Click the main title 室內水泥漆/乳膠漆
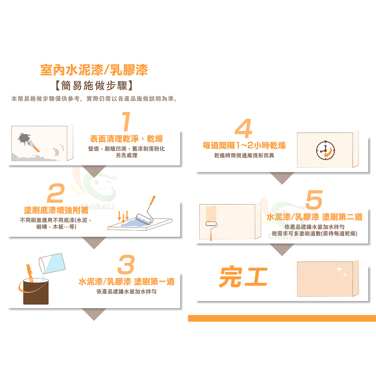coord(94,70)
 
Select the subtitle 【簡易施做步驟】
coord(94,86)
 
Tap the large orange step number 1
coord(126,121)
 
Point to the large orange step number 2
coord(56,193)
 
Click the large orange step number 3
coord(126,264)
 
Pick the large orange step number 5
coord(314,199)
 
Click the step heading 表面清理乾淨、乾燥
coord(126,138)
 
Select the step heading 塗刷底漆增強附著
coord(56,210)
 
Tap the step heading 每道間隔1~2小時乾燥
coord(244,145)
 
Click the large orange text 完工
coord(243,276)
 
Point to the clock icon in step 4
coord(325,150)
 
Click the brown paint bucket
coord(36,291)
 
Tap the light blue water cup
coord(52,264)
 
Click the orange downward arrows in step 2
coord(123,217)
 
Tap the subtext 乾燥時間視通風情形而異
coord(244,155)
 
